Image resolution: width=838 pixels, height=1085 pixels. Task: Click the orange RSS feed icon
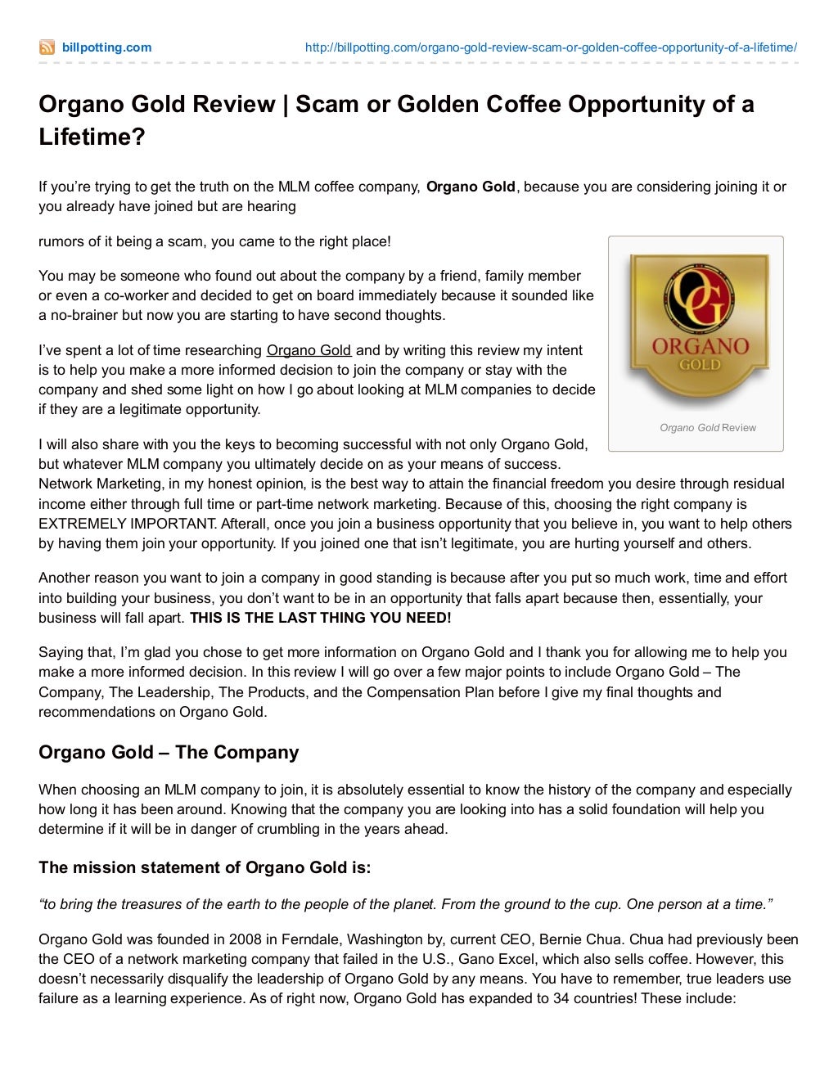point(47,47)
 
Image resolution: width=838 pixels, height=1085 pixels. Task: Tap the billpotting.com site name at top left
point(106,47)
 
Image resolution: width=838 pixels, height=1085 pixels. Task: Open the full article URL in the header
point(550,47)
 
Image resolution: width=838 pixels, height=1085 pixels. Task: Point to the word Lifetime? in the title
point(92,137)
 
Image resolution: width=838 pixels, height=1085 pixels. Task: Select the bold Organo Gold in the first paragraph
point(471,187)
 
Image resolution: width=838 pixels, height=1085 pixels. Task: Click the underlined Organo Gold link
point(309,350)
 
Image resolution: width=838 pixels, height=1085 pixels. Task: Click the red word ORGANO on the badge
point(700,346)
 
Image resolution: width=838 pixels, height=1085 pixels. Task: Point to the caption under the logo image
point(707,427)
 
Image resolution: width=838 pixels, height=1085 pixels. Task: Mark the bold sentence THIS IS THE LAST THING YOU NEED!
point(320,618)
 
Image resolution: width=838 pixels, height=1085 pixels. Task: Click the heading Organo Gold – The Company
point(169,752)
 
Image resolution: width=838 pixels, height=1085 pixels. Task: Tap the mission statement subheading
point(205,867)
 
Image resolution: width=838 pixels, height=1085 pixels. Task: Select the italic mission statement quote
point(405,904)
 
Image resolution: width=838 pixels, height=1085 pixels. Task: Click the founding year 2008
point(245,939)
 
